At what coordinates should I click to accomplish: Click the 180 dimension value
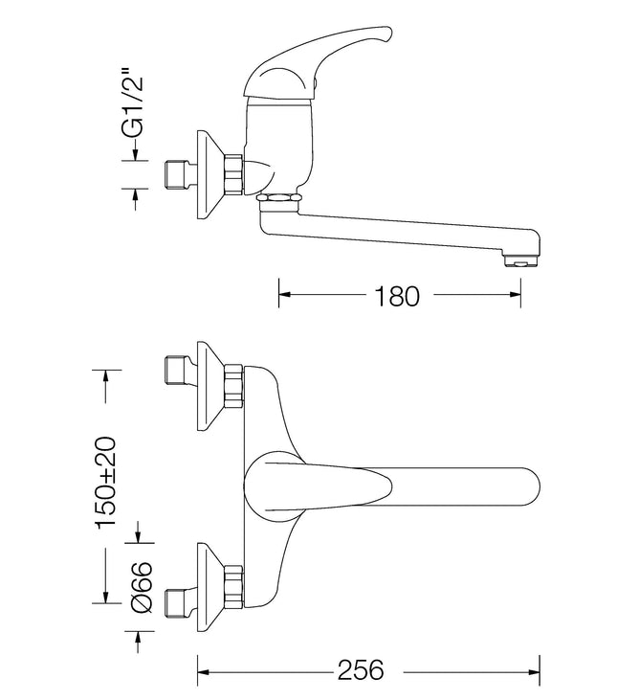click(397, 296)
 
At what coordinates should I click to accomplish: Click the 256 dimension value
click(361, 669)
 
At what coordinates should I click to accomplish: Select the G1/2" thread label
click(133, 102)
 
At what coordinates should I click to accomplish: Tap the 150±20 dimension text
click(106, 483)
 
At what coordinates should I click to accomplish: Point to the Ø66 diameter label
click(142, 587)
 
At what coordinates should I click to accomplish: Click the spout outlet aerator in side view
click(520, 260)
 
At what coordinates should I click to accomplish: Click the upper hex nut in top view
click(234, 386)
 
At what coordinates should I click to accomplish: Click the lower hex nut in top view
click(234, 587)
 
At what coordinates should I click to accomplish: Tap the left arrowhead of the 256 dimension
click(204, 671)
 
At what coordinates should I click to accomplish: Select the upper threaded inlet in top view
click(177, 370)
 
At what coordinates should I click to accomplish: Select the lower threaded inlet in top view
click(177, 603)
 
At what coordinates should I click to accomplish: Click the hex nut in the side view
click(234, 174)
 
